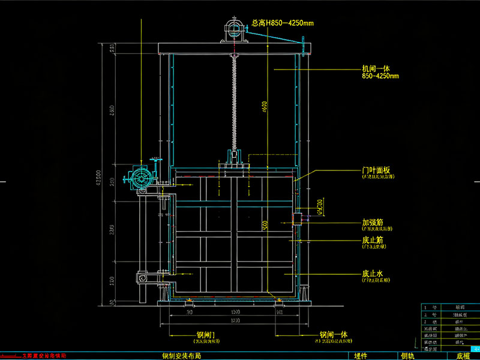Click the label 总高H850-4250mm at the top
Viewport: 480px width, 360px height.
[x=283, y=23]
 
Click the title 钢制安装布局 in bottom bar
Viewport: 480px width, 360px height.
[x=181, y=356]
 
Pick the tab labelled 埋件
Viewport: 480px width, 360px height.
[x=361, y=356]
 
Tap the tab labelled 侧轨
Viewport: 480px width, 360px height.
[x=407, y=356]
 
